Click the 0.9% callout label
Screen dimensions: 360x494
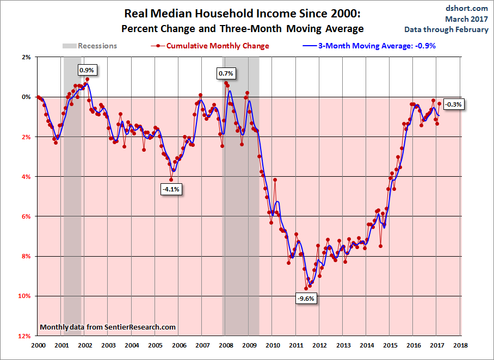click(87, 70)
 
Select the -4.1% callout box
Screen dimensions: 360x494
click(170, 189)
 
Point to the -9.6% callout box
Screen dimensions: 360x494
click(306, 298)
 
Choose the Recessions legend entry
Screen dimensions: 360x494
click(90, 46)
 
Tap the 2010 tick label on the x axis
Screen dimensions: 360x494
click(273, 345)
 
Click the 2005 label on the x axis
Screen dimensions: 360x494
click(155, 345)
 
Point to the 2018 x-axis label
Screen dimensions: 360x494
click(461, 345)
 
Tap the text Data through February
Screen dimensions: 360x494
click(446, 29)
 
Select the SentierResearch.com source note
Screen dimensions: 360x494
click(108, 327)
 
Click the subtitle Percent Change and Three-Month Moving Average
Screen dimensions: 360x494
click(242, 28)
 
